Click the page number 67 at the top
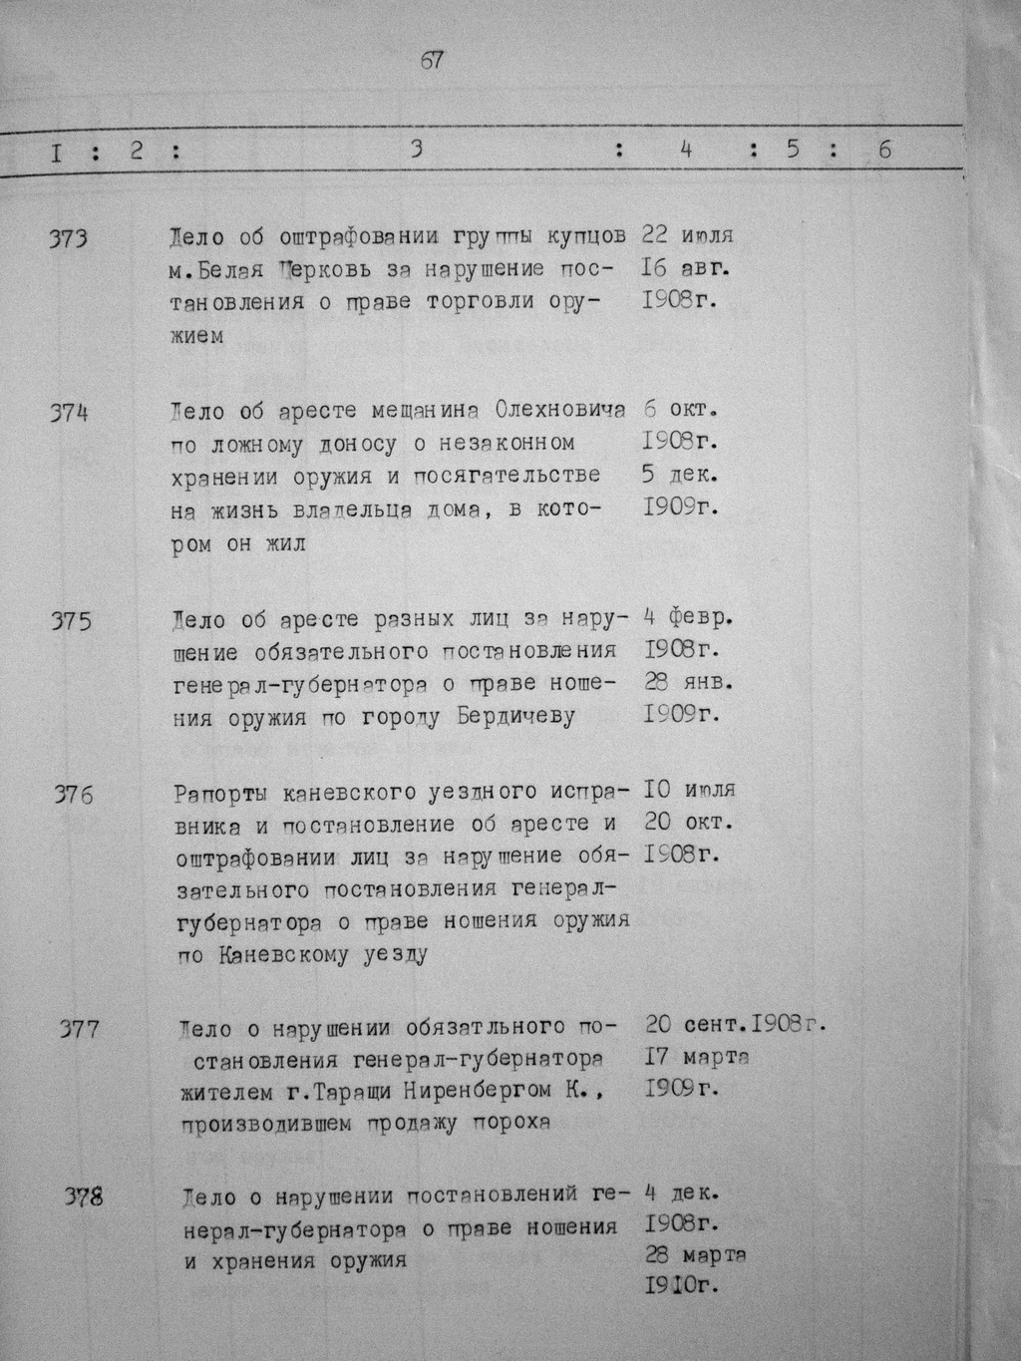pos(432,61)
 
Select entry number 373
pos(70,238)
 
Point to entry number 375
pos(71,620)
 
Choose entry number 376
pos(74,796)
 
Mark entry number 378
pos(84,1197)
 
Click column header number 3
pos(416,151)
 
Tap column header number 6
pos(885,151)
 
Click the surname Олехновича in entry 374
pos(559,411)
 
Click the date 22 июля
pos(688,236)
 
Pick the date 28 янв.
pos(688,683)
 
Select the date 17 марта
pos(698,1056)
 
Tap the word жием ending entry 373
pos(197,336)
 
